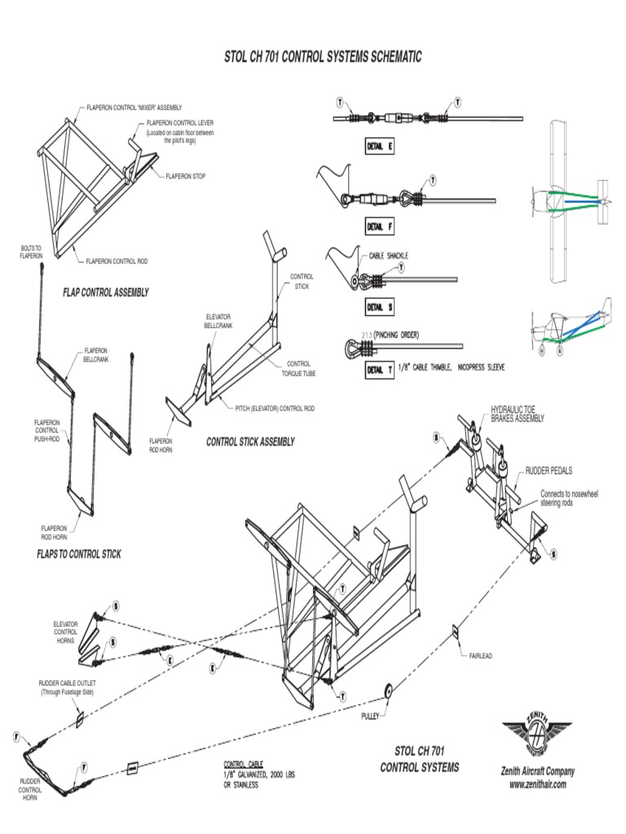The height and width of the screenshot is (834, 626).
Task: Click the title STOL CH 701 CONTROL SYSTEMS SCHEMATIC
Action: tap(323, 58)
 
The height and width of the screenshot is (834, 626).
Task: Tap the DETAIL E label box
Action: tap(380, 147)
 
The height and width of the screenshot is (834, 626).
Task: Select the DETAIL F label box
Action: tap(380, 226)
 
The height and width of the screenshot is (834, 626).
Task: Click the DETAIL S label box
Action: tap(380, 307)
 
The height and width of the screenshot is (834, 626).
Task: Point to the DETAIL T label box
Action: tap(380, 368)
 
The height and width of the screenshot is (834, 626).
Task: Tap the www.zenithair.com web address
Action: tap(537, 784)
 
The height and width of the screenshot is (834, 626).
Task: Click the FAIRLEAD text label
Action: tap(481, 655)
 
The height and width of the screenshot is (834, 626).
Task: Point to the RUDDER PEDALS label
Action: tap(549, 471)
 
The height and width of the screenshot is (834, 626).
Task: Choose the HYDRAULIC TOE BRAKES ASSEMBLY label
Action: tap(517, 414)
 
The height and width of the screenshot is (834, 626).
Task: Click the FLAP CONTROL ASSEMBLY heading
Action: tap(106, 292)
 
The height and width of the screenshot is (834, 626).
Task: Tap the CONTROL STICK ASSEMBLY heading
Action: tap(250, 441)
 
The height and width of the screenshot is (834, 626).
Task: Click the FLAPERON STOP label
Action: tap(185, 175)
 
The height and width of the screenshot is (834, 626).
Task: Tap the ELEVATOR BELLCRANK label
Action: tap(218, 320)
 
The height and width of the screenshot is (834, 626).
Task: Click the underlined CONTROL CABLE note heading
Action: tap(243, 764)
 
